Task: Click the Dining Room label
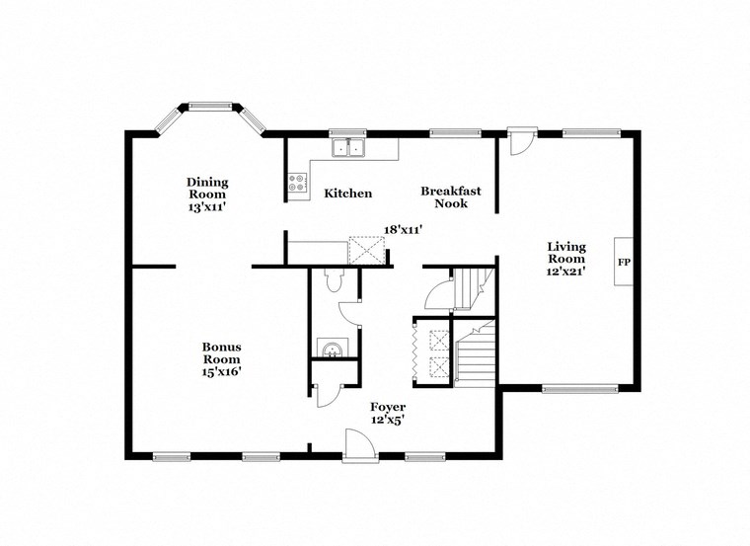pyautogui.click(x=208, y=188)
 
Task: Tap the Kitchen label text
pyautogui.click(x=348, y=194)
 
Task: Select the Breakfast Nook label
pyautogui.click(x=444, y=196)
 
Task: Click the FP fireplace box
pyautogui.click(x=624, y=263)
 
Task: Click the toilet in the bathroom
pyautogui.click(x=334, y=282)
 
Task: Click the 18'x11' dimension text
pyautogui.click(x=404, y=229)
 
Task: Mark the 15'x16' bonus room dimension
pyautogui.click(x=222, y=372)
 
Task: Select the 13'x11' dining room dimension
pyautogui.click(x=208, y=208)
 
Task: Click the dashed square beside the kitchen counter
pyautogui.click(x=365, y=250)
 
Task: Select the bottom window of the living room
pyautogui.click(x=572, y=388)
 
